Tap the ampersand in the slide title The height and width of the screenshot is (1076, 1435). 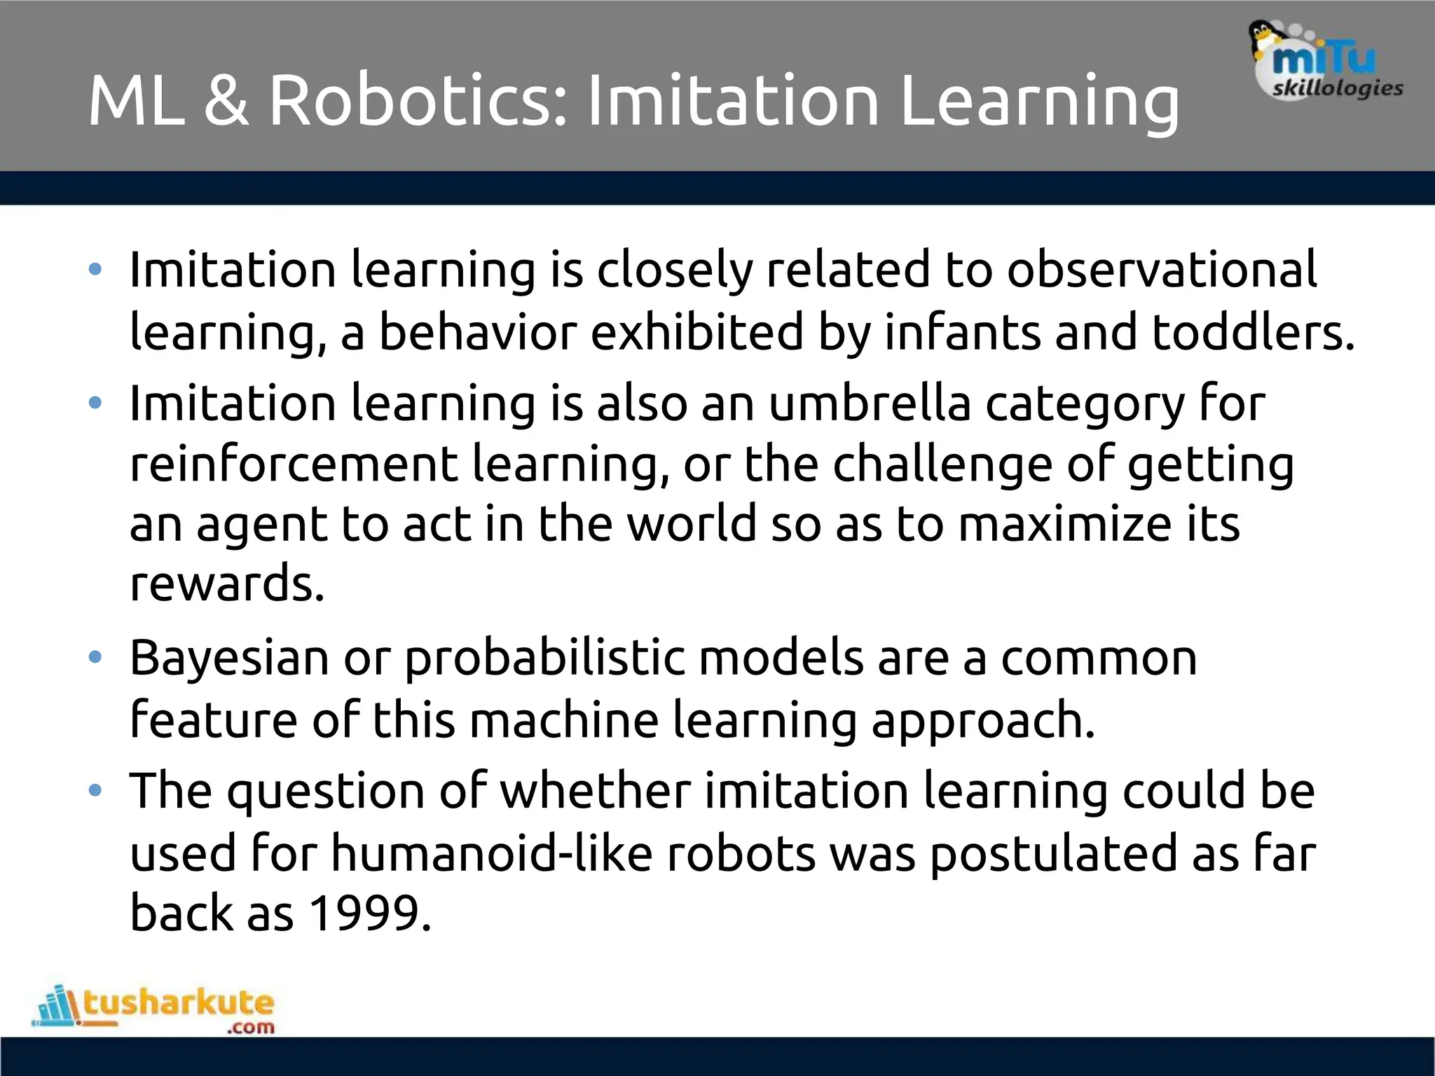tap(226, 102)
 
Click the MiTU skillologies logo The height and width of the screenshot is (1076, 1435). tap(1327, 62)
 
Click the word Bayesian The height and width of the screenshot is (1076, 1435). tap(229, 658)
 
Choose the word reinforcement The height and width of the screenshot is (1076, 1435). tap(294, 464)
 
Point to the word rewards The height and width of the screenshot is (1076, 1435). tap(227, 584)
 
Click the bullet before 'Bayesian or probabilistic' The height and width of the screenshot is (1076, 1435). tap(95, 658)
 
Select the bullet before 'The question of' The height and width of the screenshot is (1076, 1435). tap(95, 791)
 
